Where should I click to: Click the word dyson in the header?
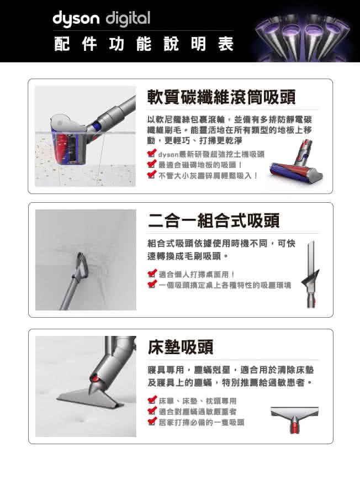tap(76, 19)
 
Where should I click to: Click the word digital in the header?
tap(128, 19)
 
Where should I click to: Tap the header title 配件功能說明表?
tap(144, 44)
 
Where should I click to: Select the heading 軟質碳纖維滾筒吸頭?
tap(221, 97)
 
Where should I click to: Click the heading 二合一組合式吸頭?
tap(214, 220)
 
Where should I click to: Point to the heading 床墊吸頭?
tap(181, 347)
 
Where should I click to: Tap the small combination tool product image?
tap(310, 274)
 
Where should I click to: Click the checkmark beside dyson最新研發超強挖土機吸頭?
tap(152, 154)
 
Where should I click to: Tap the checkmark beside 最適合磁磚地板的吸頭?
tap(152, 164)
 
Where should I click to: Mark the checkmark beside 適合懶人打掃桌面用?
tap(152, 273)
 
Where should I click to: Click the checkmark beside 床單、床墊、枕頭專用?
tap(152, 400)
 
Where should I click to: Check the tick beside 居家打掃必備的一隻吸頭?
tap(152, 422)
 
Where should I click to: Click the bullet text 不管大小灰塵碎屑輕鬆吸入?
tap(208, 176)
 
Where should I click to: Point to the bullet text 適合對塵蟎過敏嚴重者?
tap(198, 412)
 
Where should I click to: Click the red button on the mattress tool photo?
tap(95, 379)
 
